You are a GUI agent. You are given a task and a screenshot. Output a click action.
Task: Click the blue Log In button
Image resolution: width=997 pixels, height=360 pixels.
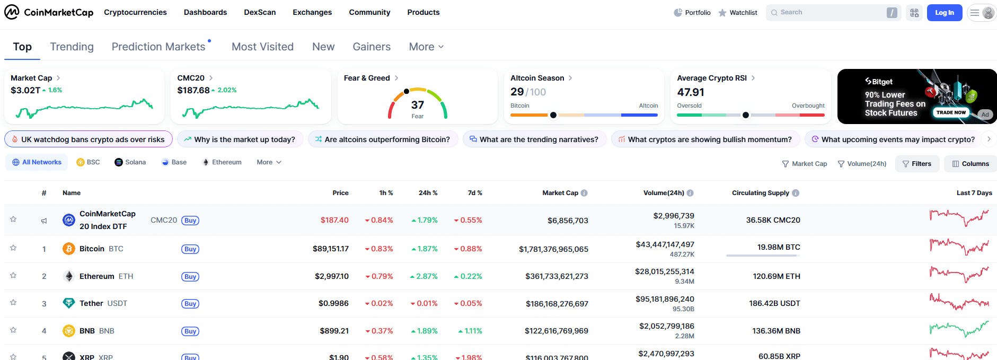click(944, 13)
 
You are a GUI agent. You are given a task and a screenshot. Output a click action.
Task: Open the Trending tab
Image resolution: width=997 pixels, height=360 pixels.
click(72, 47)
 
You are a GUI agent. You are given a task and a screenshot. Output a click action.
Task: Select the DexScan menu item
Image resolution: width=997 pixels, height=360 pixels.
click(260, 12)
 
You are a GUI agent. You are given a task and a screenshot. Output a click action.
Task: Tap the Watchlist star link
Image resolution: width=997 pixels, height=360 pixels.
click(738, 13)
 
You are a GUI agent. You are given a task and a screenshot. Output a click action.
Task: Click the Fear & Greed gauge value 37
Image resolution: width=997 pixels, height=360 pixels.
click(418, 105)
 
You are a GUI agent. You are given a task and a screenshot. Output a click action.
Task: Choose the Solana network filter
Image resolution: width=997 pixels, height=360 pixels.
click(130, 162)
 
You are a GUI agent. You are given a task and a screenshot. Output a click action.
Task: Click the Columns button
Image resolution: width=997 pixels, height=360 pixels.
click(970, 164)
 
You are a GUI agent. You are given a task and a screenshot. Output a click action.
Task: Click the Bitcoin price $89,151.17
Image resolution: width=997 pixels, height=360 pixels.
click(331, 249)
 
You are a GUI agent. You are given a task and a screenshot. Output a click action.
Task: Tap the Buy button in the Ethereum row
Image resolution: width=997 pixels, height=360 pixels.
click(190, 277)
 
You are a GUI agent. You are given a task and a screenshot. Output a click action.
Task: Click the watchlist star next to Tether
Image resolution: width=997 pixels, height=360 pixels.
click(13, 303)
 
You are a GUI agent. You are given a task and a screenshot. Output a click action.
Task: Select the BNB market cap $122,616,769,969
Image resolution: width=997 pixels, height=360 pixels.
click(557, 331)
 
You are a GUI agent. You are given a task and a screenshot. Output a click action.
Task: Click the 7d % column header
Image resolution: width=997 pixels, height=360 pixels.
click(475, 193)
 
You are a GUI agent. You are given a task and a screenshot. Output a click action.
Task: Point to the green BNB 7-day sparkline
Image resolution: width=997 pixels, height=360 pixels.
click(959, 330)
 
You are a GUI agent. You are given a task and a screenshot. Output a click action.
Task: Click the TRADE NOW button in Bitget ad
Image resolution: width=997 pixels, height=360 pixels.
click(951, 112)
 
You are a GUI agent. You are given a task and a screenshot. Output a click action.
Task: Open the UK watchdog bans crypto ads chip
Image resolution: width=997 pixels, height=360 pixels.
click(88, 139)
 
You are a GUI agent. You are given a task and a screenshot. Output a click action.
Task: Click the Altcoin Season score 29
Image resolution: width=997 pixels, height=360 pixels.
click(517, 92)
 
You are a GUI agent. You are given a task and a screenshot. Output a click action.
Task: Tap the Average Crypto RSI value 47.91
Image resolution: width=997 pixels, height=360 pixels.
click(691, 92)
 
